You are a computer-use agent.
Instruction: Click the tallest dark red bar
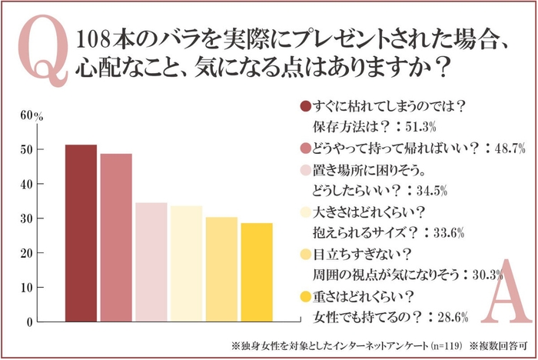click(81, 232)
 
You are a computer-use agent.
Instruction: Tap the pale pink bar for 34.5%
click(151, 262)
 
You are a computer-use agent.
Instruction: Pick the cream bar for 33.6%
click(186, 263)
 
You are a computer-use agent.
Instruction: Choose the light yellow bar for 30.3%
click(221, 268)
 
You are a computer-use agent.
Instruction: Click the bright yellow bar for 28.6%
click(257, 272)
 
